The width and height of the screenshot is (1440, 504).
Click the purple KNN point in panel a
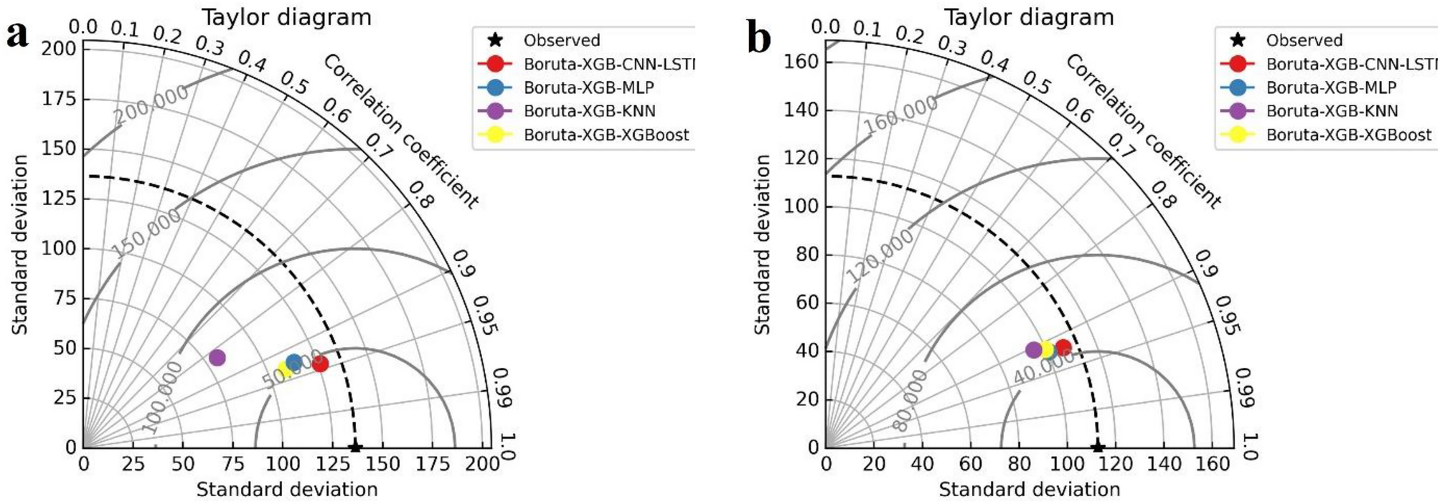217,358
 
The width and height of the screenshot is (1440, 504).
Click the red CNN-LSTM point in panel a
320,363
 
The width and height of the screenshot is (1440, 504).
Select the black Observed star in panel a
354,447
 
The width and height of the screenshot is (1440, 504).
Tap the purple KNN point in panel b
1033,350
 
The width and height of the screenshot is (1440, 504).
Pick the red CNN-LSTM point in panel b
1063,348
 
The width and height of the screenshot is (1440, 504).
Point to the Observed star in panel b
1097,447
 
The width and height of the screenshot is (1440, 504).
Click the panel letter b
758,37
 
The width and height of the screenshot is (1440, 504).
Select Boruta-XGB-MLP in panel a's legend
588,87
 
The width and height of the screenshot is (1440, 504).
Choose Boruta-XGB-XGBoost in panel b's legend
1348,135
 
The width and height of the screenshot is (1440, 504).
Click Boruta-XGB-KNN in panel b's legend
1332,111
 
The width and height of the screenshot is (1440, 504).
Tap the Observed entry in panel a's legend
561,40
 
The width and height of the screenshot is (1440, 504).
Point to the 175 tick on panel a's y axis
59,98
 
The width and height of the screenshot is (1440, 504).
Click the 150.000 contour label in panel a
147,233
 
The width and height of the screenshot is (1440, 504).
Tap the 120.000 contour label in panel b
880,255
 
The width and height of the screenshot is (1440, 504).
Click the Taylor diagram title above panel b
1028,16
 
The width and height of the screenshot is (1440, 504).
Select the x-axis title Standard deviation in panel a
287,490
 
